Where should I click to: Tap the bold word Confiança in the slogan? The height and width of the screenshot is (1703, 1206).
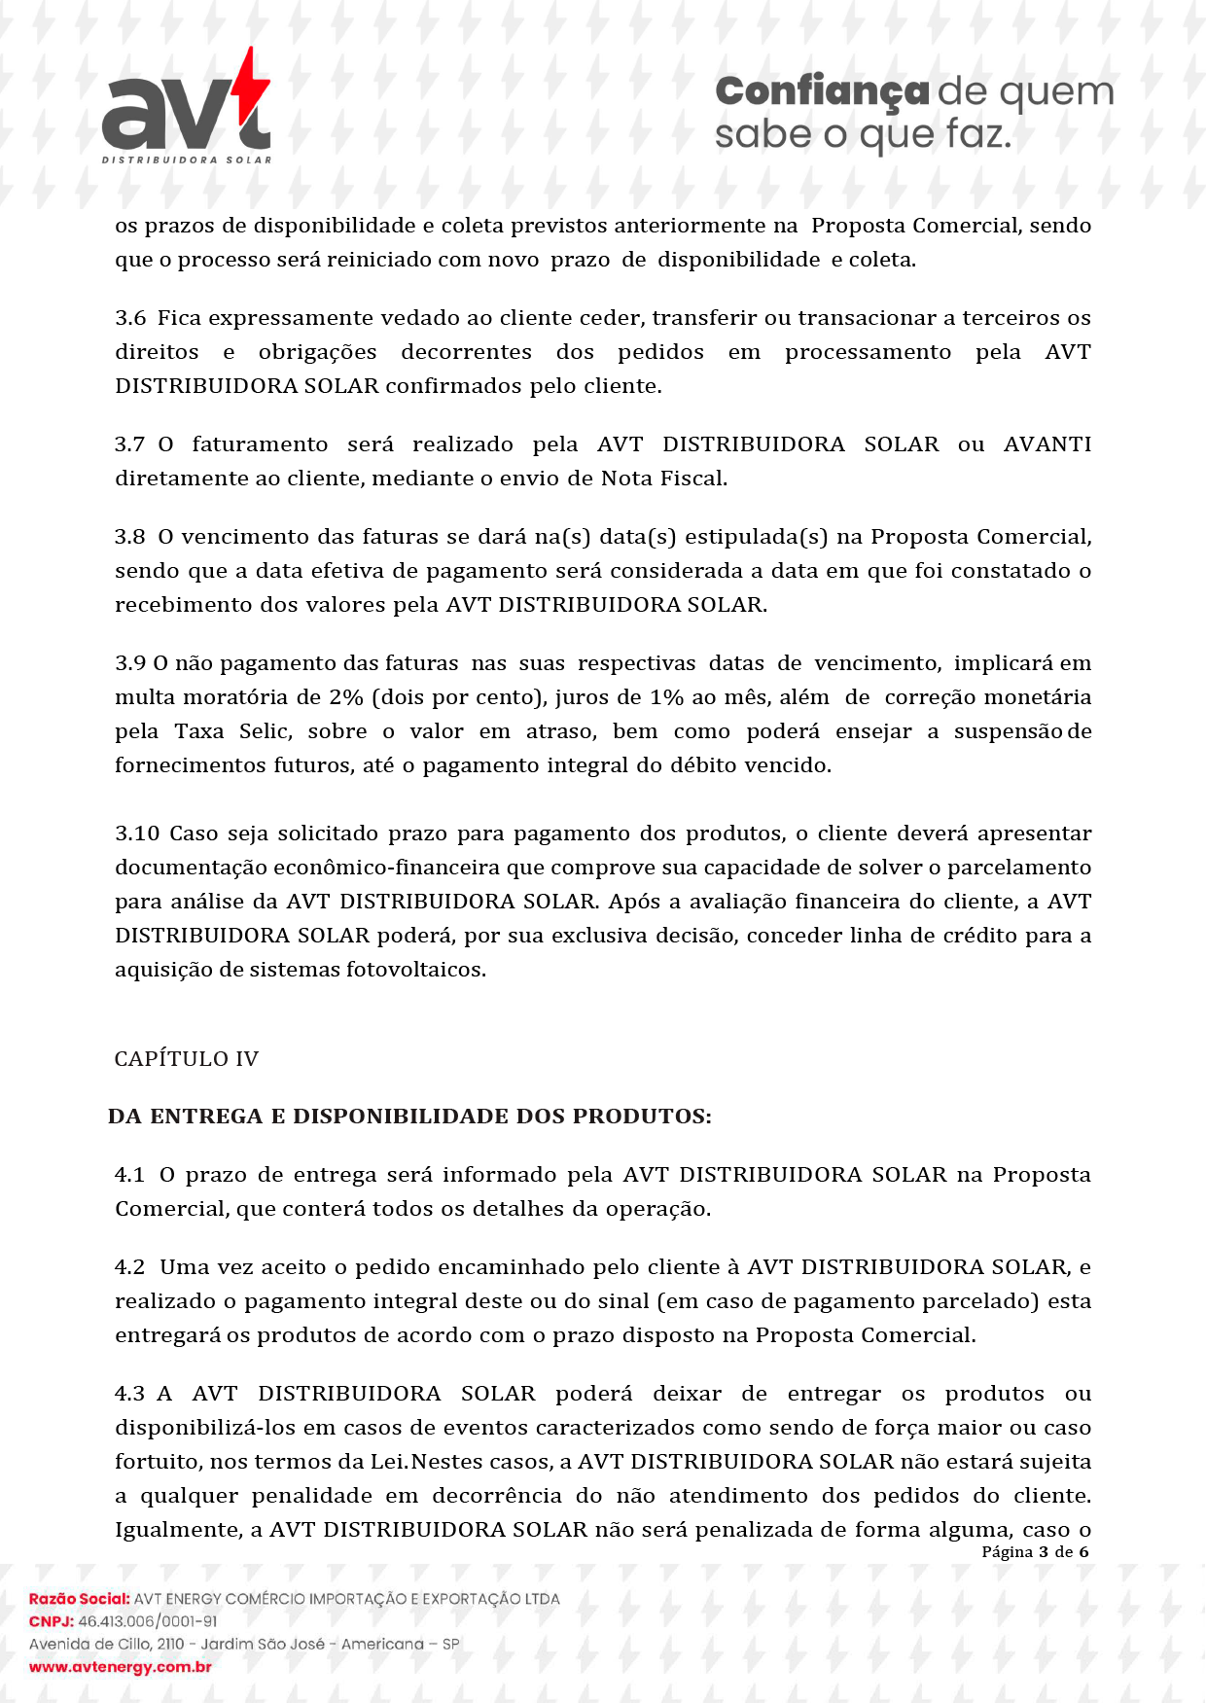[x=822, y=91]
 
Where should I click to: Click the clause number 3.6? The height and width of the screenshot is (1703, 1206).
[x=130, y=318]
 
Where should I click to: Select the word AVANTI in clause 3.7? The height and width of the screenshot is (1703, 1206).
[x=1046, y=444]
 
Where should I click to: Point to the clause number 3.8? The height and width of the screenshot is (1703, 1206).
[x=130, y=537]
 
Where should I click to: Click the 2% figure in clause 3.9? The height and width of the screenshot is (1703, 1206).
[x=345, y=697]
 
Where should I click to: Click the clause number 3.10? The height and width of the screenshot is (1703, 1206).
[x=137, y=834]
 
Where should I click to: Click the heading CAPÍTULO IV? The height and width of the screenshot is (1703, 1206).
[x=187, y=1059]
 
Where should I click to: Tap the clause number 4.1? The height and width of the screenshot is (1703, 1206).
[x=130, y=1175]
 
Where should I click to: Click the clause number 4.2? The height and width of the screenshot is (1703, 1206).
[x=130, y=1267]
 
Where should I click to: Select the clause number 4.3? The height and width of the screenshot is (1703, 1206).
[x=130, y=1394]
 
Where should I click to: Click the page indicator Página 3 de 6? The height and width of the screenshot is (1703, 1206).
[x=1035, y=1552]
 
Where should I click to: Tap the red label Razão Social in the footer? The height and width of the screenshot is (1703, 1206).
[x=79, y=1598]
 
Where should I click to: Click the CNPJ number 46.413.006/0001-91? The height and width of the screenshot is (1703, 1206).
[x=148, y=1621]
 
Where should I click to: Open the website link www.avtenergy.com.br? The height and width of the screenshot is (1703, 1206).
[x=121, y=1667]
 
